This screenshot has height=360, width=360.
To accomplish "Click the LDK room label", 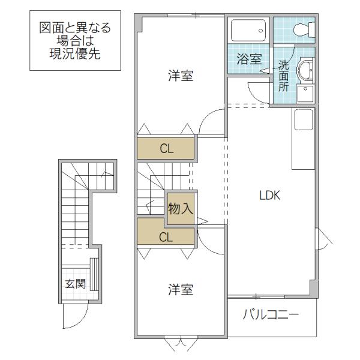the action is (270, 196).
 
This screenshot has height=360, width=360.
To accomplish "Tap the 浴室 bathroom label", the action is (250, 59).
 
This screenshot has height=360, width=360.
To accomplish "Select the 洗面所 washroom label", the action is (284, 76).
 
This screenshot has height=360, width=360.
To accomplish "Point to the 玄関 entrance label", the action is (75, 284).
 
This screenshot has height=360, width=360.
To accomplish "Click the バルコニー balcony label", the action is (271, 314).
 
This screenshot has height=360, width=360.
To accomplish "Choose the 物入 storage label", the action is (181, 208).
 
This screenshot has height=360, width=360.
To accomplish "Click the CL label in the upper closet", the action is (167, 149).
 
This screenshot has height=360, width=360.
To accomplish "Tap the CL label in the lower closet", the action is (166, 237).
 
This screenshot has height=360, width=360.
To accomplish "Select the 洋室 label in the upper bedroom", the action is (181, 76).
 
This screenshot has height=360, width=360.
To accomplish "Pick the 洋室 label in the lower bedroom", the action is (181, 289).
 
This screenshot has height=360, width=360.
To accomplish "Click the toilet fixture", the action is (304, 29).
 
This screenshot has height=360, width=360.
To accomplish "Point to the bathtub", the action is (248, 31).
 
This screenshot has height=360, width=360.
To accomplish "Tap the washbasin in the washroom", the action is (305, 70).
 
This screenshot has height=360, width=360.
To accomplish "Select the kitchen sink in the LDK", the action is (304, 119).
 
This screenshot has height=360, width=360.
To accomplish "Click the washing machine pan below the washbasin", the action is (305, 94).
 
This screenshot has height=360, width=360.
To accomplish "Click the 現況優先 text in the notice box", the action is (75, 54).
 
